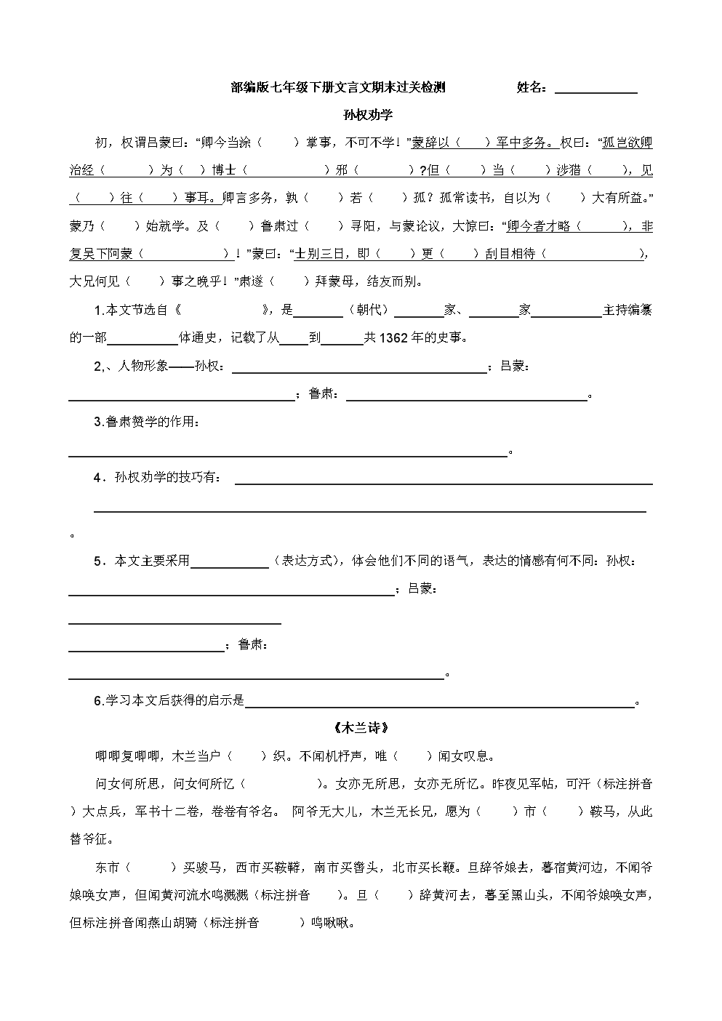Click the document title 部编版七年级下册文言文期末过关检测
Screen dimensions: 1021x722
(x=338, y=88)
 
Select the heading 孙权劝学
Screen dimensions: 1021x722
(x=368, y=115)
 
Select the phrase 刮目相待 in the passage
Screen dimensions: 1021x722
(x=510, y=254)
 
